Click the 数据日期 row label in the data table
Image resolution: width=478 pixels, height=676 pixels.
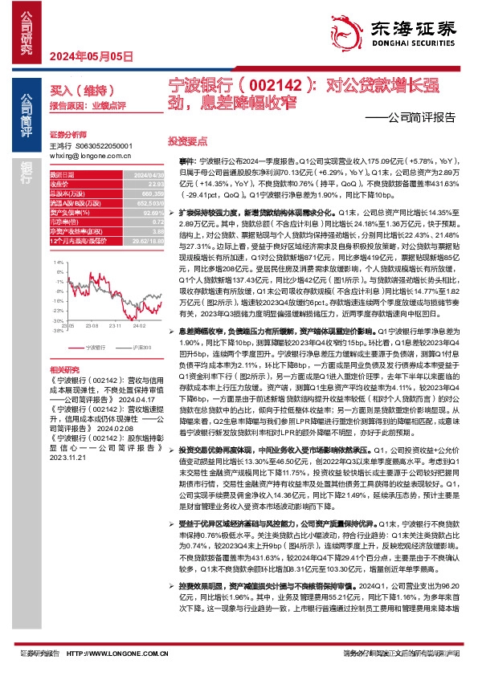click(x=62, y=174)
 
